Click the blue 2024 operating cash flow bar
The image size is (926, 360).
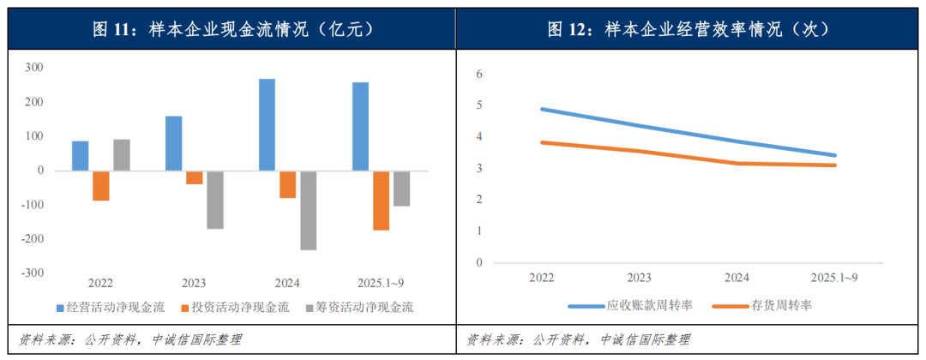pyautogui.click(x=267, y=125)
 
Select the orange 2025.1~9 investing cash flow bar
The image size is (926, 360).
pyautogui.click(x=381, y=201)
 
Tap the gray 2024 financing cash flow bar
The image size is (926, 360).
pyautogui.click(x=308, y=210)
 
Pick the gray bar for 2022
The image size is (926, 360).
pyautogui.click(x=122, y=155)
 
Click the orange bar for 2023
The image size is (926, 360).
pyautogui.click(x=194, y=177)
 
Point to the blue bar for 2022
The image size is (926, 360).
pyautogui.click(x=80, y=156)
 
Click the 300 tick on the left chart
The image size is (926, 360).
pyautogui.click(x=36, y=68)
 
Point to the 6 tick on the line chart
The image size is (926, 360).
pyautogui.click(x=480, y=75)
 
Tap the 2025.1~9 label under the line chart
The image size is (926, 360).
pyautogui.click(x=834, y=278)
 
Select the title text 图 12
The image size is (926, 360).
pyautogui.click(x=569, y=29)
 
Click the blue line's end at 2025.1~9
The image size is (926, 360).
pyautogui.click(x=834, y=155)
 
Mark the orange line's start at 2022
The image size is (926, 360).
pyautogui.click(x=542, y=142)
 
